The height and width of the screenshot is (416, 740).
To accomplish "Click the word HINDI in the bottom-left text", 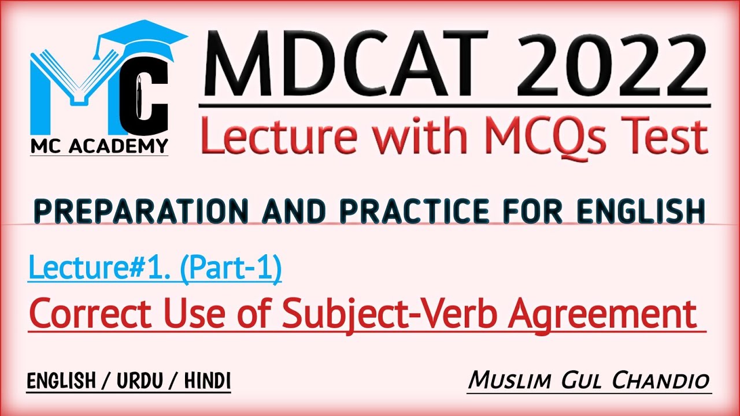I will click(208, 381).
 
